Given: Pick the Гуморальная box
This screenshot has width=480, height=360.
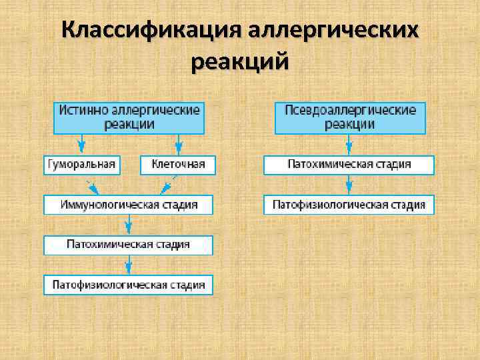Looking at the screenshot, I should pos(82,165).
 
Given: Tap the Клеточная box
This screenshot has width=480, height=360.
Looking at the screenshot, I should pos(178,165).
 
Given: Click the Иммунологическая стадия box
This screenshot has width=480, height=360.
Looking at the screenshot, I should pos(129,205).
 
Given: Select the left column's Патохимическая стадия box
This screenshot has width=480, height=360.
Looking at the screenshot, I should pos(129,245).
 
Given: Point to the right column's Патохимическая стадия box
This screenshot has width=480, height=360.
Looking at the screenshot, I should pos(349,165).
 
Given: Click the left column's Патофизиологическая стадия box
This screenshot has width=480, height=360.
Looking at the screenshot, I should pos(129,285).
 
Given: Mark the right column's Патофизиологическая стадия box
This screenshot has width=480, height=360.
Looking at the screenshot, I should pos(349,205).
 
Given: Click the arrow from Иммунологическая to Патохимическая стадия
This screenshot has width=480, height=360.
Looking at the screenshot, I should pos(129,225).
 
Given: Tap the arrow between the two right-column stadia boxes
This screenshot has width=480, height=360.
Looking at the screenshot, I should pos(349,185).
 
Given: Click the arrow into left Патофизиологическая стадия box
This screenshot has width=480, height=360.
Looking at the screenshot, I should pos(129,265).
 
